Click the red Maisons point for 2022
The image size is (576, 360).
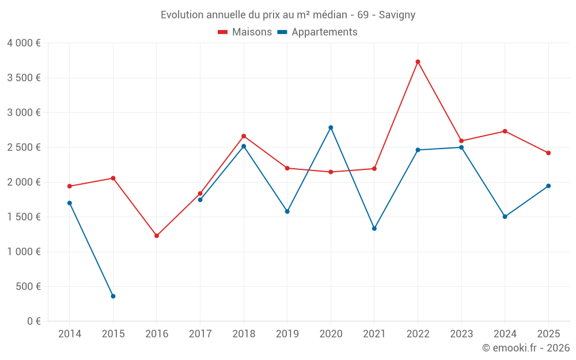[x=418, y=62]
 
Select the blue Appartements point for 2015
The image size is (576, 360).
[x=113, y=296]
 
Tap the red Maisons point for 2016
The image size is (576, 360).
[x=157, y=236]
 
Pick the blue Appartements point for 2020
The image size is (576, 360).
[x=331, y=127]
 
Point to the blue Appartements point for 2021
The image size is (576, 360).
[x=374, y=229]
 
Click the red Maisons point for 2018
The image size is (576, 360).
[x=244, y=136]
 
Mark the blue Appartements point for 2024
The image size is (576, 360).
[x=505, y=217]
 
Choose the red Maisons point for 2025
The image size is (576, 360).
[x=548, y=153]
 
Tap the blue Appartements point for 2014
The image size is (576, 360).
[x=70, y=203]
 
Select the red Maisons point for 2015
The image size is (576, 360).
[x=113, y=178]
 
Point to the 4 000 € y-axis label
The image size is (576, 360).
[x=24, y=43]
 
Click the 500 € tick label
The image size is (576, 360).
[x=28, y=286]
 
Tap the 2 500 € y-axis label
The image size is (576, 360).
[x=24, y=147]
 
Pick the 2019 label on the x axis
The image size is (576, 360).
[x=287, y=334]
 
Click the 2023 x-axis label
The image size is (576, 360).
[x=461, y=334]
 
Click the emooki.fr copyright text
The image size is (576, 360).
[x=526, y=348]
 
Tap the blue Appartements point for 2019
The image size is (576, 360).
[x=287, y=211]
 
